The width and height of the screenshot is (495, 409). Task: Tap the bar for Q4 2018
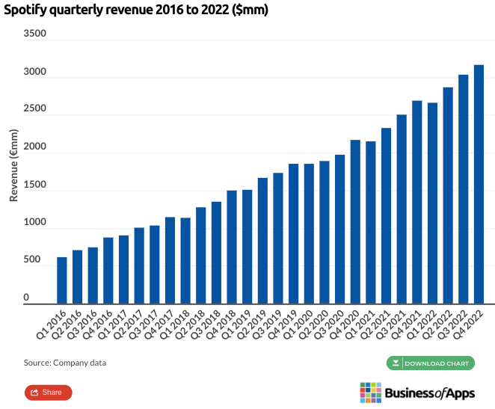232,247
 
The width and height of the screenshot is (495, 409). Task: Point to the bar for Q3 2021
402,209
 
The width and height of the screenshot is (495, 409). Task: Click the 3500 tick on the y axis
35,34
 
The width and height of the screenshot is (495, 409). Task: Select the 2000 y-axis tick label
35,147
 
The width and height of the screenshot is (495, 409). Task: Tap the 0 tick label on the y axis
46,298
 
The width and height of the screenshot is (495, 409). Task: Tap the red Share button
48,392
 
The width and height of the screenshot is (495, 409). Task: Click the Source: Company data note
65,363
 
